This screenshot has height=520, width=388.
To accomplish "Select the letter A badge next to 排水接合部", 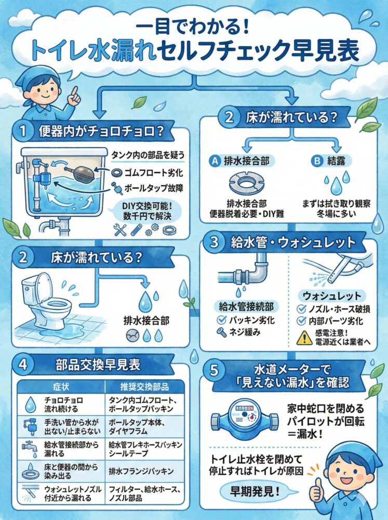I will tap(214, 161).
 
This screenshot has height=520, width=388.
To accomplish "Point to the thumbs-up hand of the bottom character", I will tap(316, 489).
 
